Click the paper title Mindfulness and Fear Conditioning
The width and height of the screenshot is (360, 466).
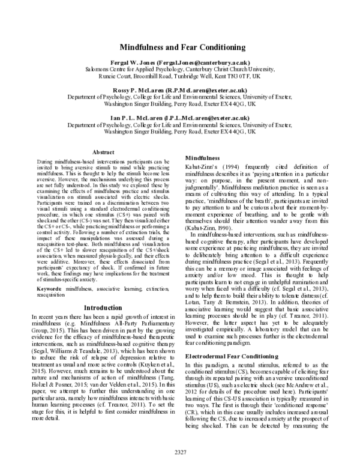point(179,47)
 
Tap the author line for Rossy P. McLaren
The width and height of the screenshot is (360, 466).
point(179,89)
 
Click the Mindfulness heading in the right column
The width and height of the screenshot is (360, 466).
point(202,157)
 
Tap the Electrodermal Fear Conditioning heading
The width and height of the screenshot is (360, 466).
point(230,357)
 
